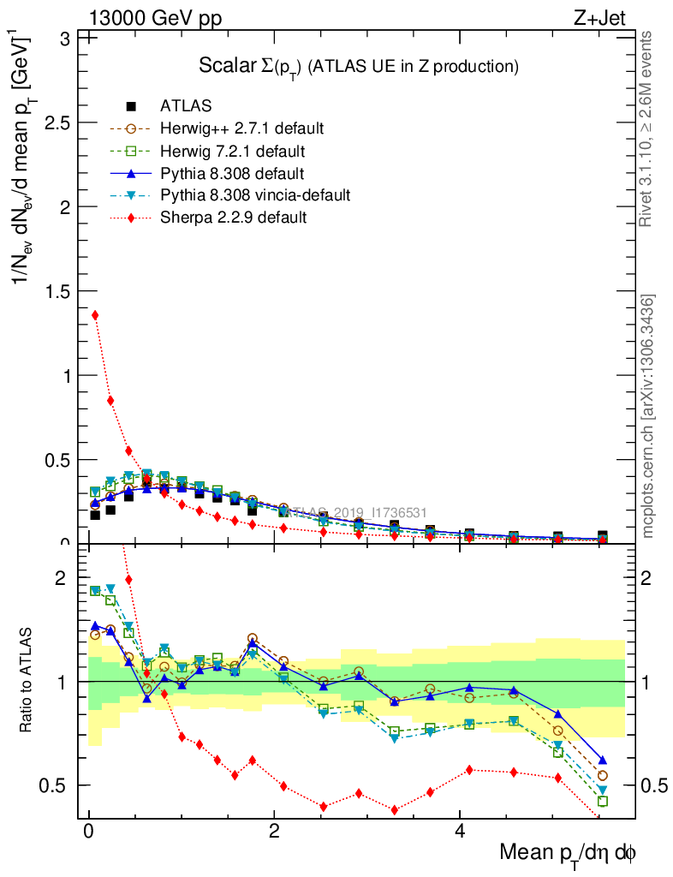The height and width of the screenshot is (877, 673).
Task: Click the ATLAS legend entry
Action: coord(186,107)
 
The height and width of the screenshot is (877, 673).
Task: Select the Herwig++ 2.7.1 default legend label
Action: coord(241,129)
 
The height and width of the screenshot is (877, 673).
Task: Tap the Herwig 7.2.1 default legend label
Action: coord(233,152)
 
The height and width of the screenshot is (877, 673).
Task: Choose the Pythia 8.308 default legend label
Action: coord(232,174)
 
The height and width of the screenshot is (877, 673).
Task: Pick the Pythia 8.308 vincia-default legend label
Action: coord(255,195)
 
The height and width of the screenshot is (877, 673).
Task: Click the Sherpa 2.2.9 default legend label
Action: coord(233,218)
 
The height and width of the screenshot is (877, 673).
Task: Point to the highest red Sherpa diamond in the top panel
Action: coord(95,315)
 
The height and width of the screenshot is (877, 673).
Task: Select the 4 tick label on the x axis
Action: coord(460,832)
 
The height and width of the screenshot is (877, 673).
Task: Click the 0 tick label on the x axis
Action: coord(88,832)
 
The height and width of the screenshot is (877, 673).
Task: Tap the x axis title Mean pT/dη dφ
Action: coord(568,853)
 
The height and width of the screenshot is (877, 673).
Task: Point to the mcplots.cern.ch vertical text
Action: coord(648,417)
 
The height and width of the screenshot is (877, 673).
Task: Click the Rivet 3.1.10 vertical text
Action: coord(648,128)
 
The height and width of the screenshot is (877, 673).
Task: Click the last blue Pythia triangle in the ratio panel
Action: coord(602,761)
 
